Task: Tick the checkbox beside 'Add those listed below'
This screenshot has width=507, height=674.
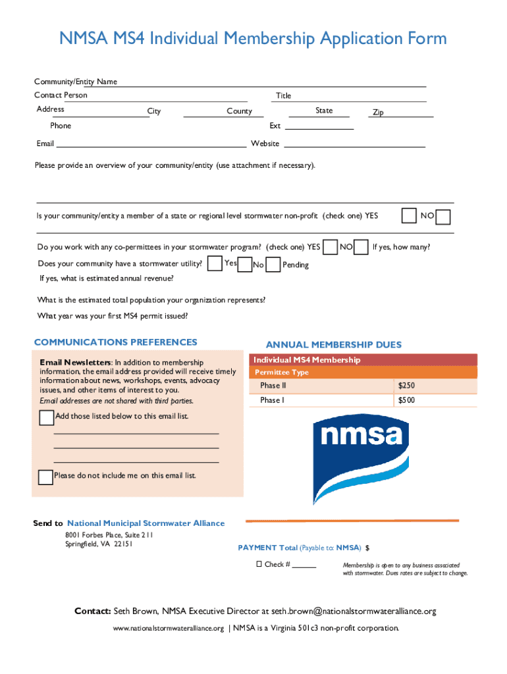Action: [46, 418]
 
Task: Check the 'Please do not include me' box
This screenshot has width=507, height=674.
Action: [45, 477]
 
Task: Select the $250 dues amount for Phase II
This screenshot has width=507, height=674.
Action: [406, 386]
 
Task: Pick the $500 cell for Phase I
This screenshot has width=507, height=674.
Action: [406, 400]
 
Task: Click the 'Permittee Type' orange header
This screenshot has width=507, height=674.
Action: [282, 373]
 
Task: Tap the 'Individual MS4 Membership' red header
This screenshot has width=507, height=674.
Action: [307, 360]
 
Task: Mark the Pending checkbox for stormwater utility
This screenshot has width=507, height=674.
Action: [272, 264]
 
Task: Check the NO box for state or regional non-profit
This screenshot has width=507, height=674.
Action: [443, 217]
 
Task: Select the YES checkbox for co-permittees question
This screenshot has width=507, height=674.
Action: [331, 247]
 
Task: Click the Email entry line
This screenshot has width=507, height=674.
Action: [151, 144]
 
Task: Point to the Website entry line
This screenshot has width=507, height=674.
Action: [354, 144]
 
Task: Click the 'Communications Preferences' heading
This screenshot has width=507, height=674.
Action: [115, 342]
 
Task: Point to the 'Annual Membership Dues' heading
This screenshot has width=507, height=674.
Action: [333, 345]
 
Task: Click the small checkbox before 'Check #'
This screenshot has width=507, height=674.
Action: [259, 565]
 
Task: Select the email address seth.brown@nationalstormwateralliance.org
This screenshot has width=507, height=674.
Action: [354, 611]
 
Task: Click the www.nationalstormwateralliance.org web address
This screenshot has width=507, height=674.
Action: [169, 628]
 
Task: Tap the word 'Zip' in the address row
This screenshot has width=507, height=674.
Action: [378, 113]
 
